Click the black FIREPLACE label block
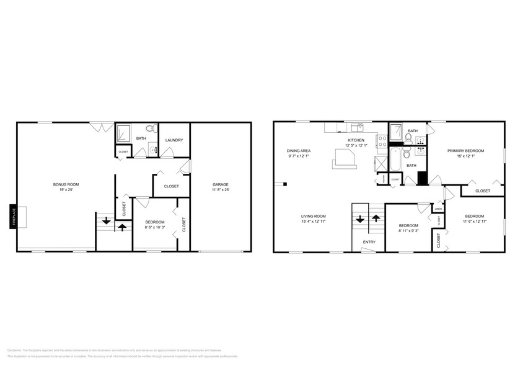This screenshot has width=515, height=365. point(12,216)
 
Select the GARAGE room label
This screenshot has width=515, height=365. point(221,184)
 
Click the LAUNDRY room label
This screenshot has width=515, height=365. point(174,140)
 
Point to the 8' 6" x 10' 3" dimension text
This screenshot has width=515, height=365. point(155,227)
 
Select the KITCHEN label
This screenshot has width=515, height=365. point(356,140)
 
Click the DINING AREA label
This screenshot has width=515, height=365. point(299,151)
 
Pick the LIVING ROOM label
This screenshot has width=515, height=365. point(314,216)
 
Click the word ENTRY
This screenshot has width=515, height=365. point(369,242)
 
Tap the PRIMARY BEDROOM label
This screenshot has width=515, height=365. point(466,151)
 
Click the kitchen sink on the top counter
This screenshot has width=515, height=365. point(357,128)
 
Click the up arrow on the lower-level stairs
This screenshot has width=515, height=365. point(122,227)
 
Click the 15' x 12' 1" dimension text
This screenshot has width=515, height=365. point(466,156)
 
